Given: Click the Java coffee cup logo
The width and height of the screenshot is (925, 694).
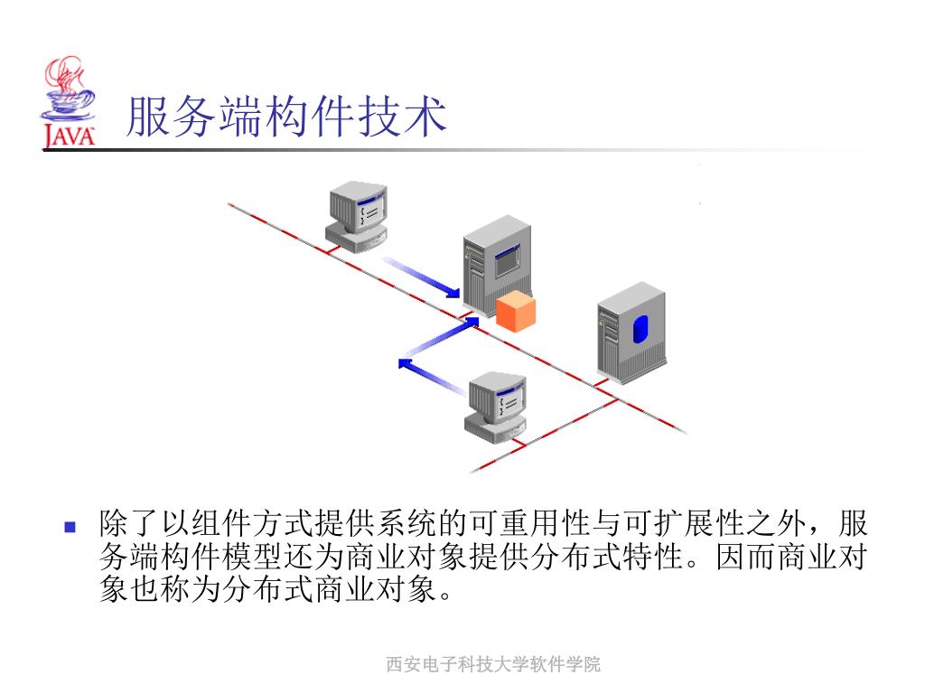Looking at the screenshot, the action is [x=69, y=90].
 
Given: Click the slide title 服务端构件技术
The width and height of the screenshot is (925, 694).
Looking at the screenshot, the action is [x=286, y=117].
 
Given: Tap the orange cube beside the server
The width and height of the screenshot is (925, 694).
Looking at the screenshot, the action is [x=515, y=313].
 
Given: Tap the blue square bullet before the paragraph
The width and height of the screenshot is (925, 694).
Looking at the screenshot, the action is [x=70, y=525].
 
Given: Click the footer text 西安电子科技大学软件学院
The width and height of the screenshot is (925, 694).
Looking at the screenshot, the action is [x=493, y=665].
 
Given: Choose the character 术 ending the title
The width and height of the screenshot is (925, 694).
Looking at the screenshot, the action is [x=425, y=117].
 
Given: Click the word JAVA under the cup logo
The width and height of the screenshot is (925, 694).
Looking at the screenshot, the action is [x=69, y=136].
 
